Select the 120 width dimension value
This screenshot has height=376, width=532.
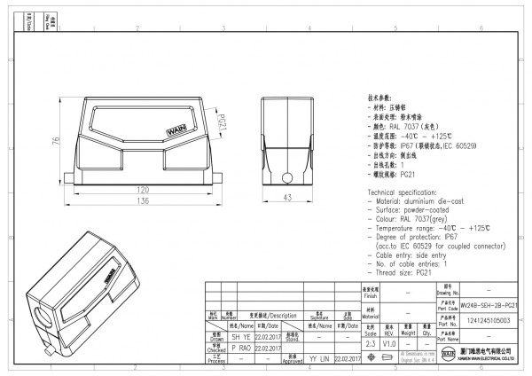[x=141, y=190]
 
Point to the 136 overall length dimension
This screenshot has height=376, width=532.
[x=141, y=201]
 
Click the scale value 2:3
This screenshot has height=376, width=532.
[x=371, y=342]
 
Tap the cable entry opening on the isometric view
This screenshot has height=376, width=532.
[x=44, y=317]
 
